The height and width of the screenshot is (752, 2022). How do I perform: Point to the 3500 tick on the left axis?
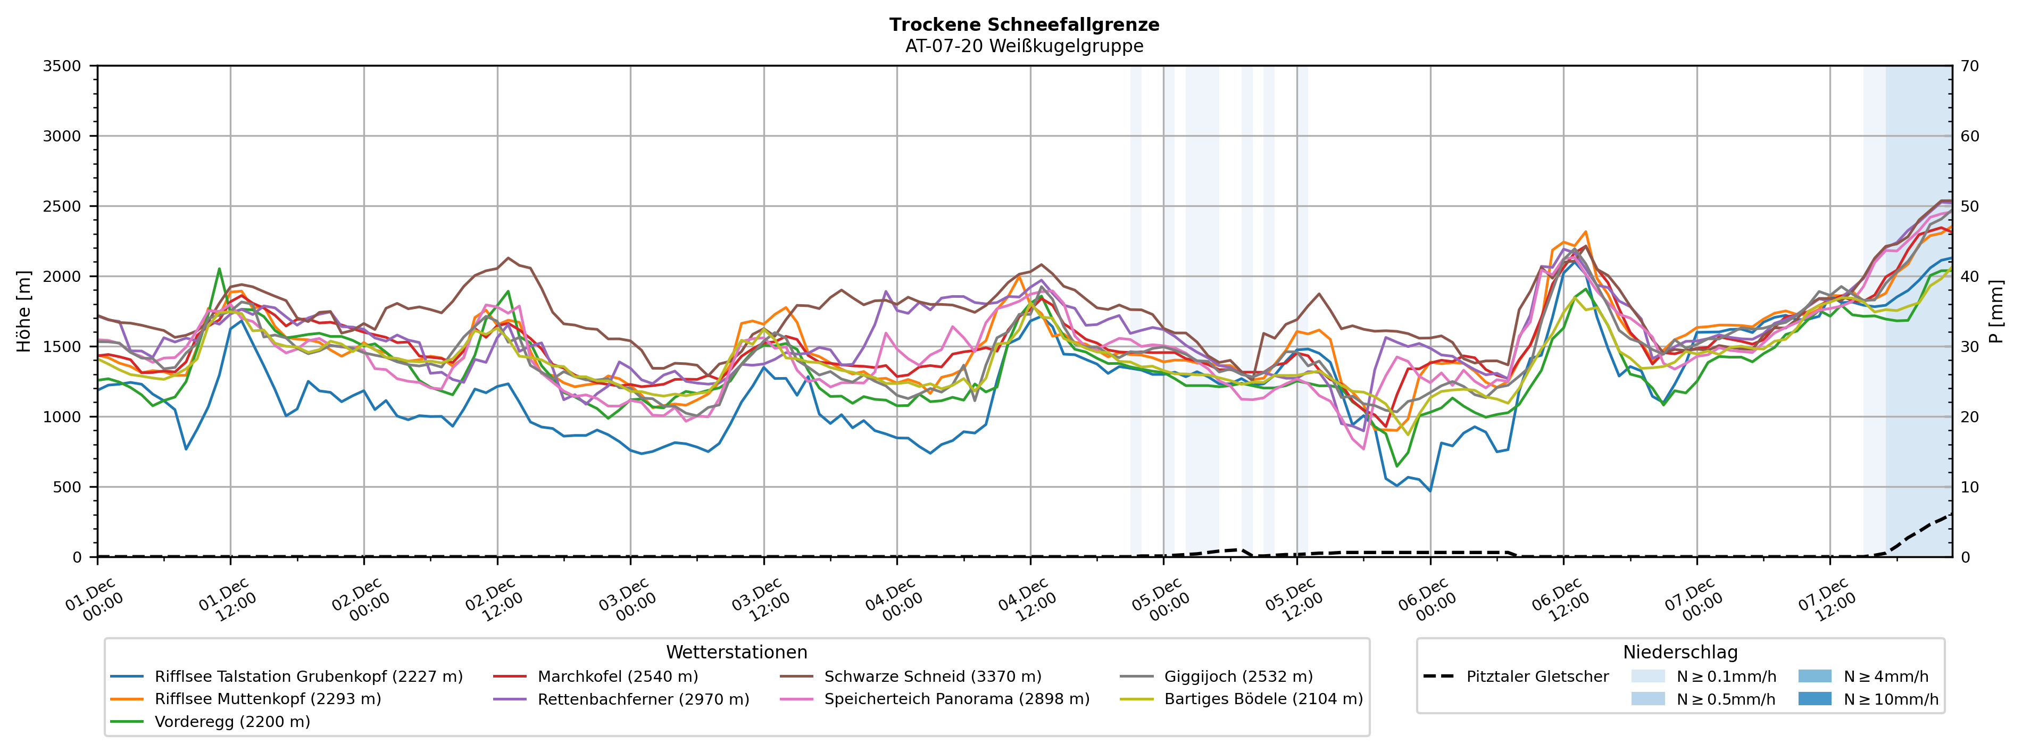coord(62,66)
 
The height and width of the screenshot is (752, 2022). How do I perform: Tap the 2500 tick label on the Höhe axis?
coord(62,206)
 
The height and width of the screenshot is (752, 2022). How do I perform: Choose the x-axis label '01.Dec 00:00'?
coord(94,600)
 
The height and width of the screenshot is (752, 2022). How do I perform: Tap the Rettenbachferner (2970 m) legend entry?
coord(643,699)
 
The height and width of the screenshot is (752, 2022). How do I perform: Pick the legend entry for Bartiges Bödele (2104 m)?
coord(1263,699)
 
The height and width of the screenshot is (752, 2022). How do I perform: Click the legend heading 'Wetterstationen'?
coord(736,653)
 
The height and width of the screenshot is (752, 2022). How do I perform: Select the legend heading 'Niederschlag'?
coord(1680,653)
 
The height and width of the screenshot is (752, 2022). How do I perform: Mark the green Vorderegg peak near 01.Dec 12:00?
coord(219,269)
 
